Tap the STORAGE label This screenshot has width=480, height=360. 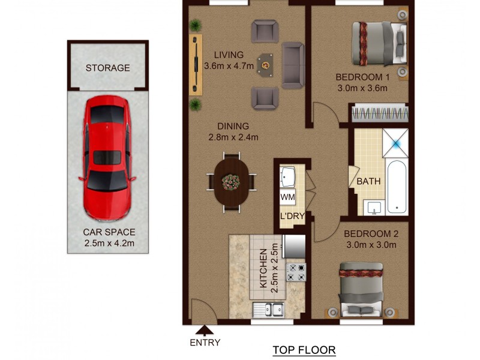tap(107, 68)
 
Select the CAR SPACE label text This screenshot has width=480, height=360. tap(109, 232)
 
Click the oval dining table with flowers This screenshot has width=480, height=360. tap(231, 181)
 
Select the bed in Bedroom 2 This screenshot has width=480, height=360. tap(361, 290)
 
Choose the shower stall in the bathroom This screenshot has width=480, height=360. tap(396, 142)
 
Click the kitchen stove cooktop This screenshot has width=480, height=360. tap(296, 273)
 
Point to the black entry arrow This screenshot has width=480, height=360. tap(205, 329)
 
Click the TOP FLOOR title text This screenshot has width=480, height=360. tap(304, 350)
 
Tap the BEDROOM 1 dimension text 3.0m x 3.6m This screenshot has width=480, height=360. tap(362, 88)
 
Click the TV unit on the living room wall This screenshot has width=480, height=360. tap(196, 64)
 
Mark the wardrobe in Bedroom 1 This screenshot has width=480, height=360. tap(379, 113)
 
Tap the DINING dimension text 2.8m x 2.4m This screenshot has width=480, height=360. tap(233, 137)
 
